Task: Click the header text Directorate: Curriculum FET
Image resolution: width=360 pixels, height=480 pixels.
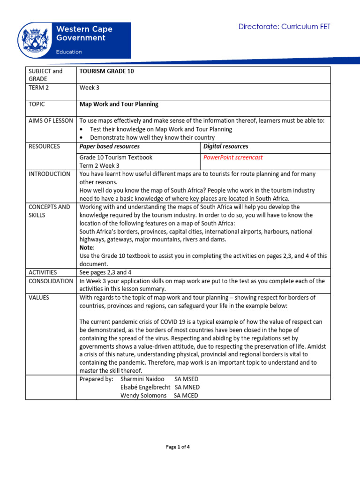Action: [285, 27]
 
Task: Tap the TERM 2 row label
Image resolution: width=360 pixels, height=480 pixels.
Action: [39, 88]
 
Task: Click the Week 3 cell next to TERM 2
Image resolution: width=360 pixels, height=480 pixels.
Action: [90, 88]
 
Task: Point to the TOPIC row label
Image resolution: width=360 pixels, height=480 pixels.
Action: [37, 104]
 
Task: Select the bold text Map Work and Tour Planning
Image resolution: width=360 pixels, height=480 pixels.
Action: [119, 104]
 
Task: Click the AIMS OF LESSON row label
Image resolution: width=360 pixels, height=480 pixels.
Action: [50, 121]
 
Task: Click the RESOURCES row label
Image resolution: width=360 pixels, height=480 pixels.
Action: [44, 146]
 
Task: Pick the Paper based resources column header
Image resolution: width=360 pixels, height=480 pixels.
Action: [110, 146]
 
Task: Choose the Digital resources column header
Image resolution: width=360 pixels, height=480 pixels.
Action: [226, 146]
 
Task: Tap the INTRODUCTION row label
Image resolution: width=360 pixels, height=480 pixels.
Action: [49, 174]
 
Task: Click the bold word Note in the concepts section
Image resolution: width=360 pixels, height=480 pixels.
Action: [86, 247]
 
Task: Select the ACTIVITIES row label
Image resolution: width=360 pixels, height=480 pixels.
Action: [43, 272]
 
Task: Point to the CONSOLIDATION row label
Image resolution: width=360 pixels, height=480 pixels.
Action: [51, 281]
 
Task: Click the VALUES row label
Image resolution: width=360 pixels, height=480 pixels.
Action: [39, 297]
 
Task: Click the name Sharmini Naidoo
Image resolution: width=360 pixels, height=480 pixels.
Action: [140, 379]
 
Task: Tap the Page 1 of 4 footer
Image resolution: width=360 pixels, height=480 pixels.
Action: [178, 447]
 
